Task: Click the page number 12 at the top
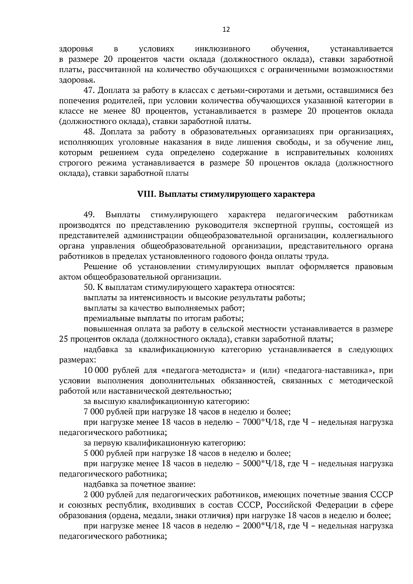pyautogui.click(x=226, y=29)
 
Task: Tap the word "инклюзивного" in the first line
pyautogui.click(x=222, y=49)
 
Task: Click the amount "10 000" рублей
pyautogui.click(x=96, y=370)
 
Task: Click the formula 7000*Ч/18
pyautogui.click(x=263, y=422)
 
